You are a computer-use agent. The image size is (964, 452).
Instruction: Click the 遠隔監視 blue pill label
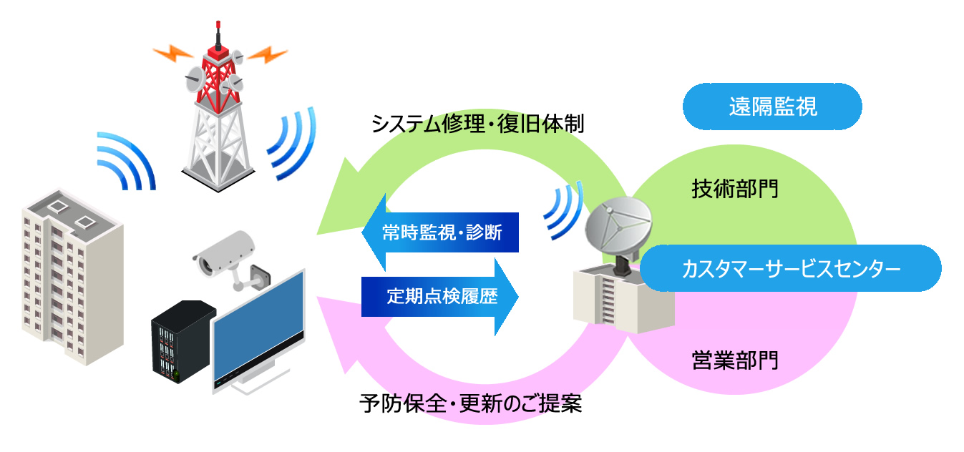[x=771, y=107]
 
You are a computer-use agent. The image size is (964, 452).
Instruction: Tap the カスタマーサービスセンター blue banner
[x=789, y=270]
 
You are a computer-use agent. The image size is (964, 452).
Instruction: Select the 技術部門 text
[x=734, y=190]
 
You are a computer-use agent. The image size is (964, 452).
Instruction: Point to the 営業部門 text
[x=734, y=360]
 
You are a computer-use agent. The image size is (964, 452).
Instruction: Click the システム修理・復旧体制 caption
[x=478, y=126]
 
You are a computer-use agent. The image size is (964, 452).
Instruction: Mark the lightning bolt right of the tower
[x=268, y=54]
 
